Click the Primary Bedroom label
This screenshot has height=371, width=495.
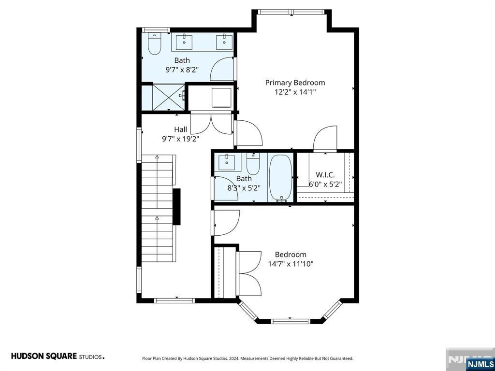tap(295, 83)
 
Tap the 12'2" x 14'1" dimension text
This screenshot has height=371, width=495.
tap(295, 92)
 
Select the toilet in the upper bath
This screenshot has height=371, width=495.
tap(155, 44)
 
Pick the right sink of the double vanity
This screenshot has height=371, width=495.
tap(224, 43)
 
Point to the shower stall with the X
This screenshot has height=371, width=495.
tap(169, 97)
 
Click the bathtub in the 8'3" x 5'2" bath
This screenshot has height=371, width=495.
tap(281, 178)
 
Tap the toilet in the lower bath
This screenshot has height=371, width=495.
tap(253, 163)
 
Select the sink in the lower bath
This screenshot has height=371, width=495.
tap(227, 162)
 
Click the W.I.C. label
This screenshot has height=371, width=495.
tap(325, 175)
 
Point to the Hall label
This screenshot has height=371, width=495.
tap(181, 129)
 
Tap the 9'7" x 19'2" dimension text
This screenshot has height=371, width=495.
tap(181, 139)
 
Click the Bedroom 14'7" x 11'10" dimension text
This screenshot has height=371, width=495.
tap(291, 264)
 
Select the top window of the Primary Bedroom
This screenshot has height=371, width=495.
tap(291, 12)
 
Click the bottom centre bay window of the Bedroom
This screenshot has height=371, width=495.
tap(290, 321)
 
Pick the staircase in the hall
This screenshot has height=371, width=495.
tap(158, 208)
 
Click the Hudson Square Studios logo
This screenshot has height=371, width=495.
tap(58, 357)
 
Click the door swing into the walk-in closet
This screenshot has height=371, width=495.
tap(325, 138)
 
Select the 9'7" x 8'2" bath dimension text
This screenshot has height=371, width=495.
tap(182, 70)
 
